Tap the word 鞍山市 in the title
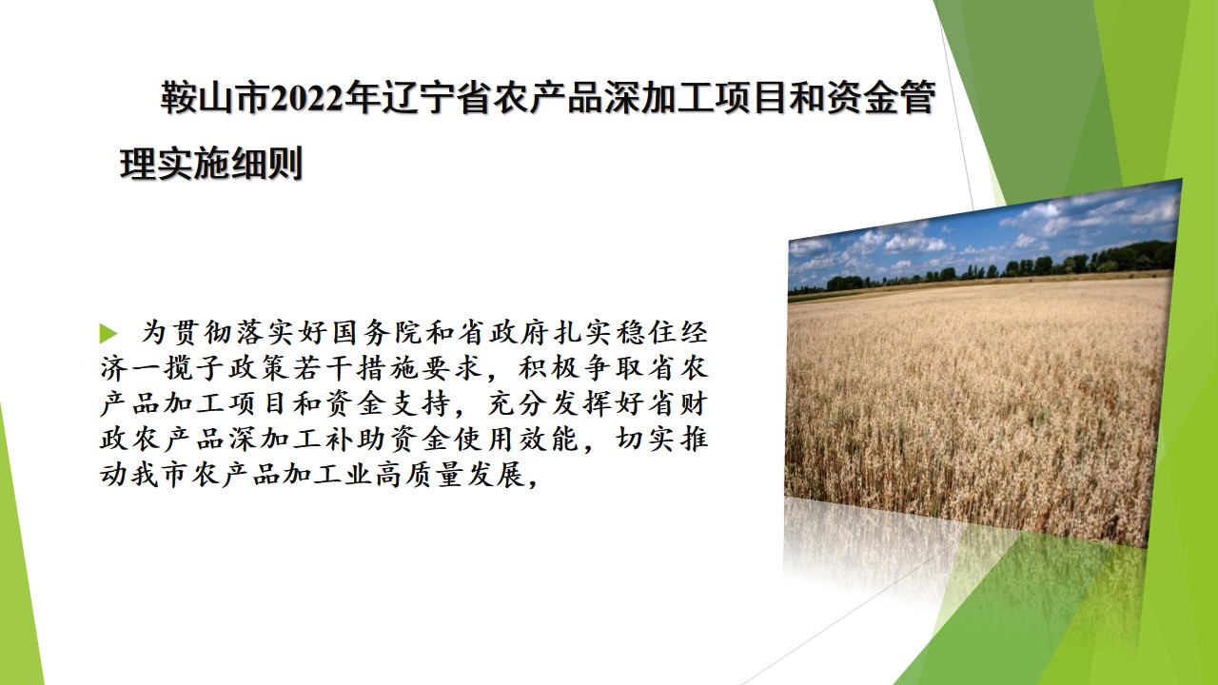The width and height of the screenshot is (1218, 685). [x=215, y=99]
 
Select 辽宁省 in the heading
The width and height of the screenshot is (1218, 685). [x=436, y=99]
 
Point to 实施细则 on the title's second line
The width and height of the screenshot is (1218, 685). [x=229, y=164]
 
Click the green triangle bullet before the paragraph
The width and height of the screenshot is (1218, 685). [x=108, y=333]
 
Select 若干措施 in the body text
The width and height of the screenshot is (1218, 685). [x=356, y=368]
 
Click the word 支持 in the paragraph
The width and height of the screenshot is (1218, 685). [x=421, y=404]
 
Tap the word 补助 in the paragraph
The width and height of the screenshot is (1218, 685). [x=356, y=440]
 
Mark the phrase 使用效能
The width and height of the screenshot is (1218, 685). [x=516, y=440]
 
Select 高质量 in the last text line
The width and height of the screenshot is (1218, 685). [x=418, y=475]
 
